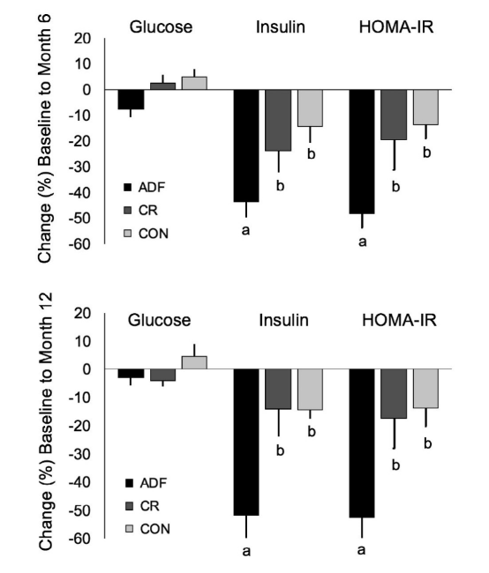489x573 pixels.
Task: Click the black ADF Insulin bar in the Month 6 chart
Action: (x=246, y=145)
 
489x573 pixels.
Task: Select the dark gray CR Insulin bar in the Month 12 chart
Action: (x=278, y=389)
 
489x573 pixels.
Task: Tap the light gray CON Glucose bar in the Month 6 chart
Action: (x=194, y=83)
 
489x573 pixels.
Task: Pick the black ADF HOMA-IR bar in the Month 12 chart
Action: (x=362, y=443)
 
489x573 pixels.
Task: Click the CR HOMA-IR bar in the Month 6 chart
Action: (x=394, y=115)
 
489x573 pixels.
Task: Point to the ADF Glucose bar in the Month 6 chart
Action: (x=131, y=100)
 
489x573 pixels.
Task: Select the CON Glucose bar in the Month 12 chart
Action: (x=194, y=362)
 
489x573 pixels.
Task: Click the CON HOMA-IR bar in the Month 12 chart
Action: (x=425, y=388)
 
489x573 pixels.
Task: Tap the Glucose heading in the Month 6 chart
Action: (x=161, y=27)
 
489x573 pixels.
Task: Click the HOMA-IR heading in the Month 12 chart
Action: (x=399, y=320)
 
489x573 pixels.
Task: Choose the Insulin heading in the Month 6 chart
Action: (x=281, y=27)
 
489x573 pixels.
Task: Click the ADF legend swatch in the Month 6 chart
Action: (x=127, y=188)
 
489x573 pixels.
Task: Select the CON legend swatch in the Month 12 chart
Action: (x=129, y=529)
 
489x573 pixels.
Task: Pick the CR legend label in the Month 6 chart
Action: (x=148, y=211)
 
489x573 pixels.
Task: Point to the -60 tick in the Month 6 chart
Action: (x=79, y=244)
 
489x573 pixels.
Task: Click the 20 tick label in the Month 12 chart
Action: (x=82, y=314)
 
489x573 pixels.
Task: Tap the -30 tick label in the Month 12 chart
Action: (x=79, y=454)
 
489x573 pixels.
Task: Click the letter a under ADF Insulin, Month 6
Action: (x=246, y=230)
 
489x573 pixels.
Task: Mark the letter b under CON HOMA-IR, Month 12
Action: (x=427, y=443)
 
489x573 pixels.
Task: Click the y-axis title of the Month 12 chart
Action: (x=46, y=421)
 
